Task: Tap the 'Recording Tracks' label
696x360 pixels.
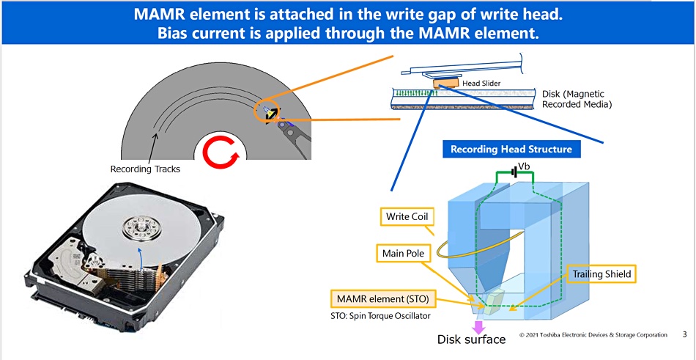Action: (x=145, y=169)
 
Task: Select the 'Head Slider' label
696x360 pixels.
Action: (x=481, y=84)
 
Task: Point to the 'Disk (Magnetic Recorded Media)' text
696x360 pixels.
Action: (x=576, y=99)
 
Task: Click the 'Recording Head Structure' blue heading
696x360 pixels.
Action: (x=511, y=150)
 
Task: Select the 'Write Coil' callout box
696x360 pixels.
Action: (x=407, y=216)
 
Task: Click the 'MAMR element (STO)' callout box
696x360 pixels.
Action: (x=382, y=299)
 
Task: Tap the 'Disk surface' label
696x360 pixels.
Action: (x=471, y=339)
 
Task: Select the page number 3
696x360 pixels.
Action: (x=684, y=335)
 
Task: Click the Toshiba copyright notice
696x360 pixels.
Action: (x=593, y=335)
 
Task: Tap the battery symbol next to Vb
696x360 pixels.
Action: (x=515, y=173)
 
